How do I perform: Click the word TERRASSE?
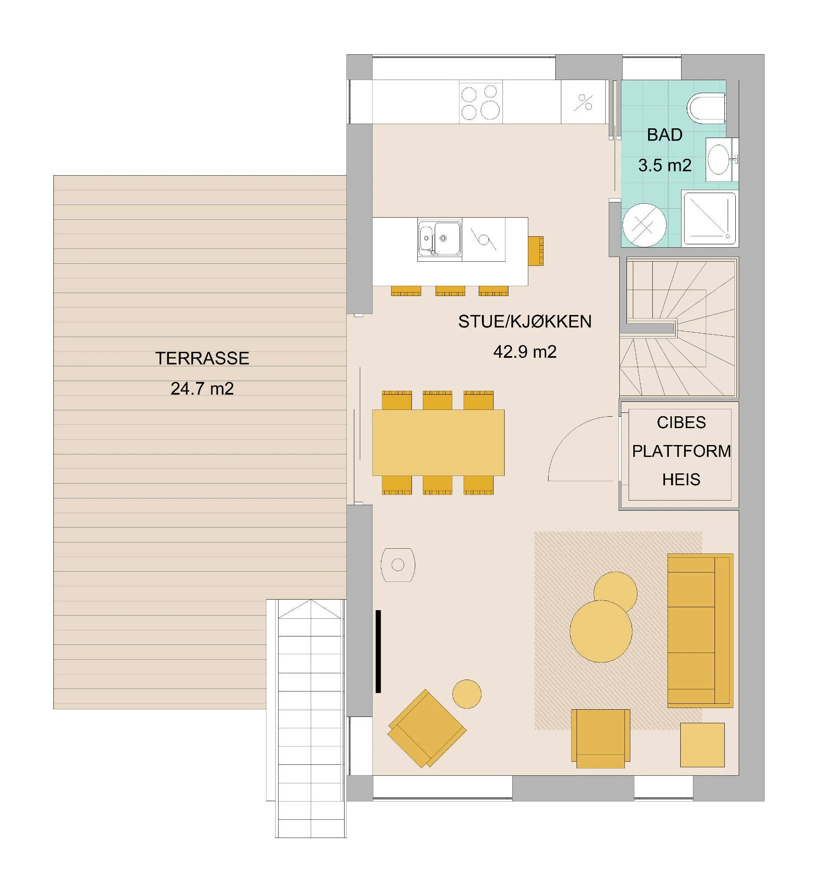202,358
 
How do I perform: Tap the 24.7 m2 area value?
202,389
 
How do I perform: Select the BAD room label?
665,135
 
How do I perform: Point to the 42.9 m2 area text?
525,352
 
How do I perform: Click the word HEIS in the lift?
681,479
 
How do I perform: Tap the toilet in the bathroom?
706,108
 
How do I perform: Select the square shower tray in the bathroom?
709,218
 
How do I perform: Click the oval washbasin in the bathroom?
719,160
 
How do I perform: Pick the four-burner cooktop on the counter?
480,102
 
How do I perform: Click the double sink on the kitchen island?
439,239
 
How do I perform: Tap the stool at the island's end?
535,251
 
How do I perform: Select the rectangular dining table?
438,443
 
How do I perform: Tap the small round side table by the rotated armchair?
466,694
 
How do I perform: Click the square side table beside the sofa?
701,745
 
